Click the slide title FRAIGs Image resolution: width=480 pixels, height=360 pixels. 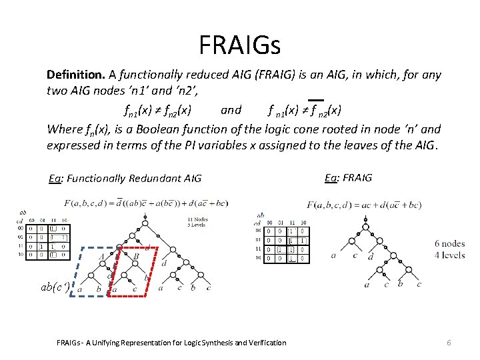coord(240,45)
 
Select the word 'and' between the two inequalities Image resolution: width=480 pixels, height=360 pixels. coord(231,110)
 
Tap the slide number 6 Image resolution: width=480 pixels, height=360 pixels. coord(449,342)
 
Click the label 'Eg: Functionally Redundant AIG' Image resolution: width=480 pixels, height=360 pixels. coord(125,178)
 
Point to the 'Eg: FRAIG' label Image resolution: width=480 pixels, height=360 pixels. coord(348,177)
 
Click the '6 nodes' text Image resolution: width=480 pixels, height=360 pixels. coord(449,243)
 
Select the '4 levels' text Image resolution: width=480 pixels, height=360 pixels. coord(449,255)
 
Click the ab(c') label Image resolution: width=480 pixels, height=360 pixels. coord(55,287)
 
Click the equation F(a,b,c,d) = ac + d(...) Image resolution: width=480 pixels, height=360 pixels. coord(363,204)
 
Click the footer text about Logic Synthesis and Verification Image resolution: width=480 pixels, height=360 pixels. coord(172,343)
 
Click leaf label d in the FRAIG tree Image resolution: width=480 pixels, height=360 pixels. coord(371,256)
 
